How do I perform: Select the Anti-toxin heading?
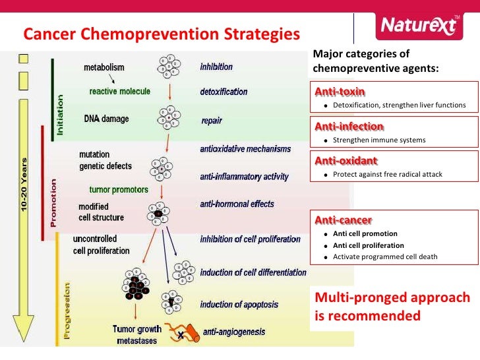pyautogui.click(x=340, y=90)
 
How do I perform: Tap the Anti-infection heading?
pyautogui.click(x=349, y=125)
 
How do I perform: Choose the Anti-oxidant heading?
pyautogui.click(x=346, y=160)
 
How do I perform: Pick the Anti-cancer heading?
pyautogui.click(x=343, y=220)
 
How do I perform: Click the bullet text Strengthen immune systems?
pyautogui.click(x=379, y=140)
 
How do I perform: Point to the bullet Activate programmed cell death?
pyautogui.click(x=385, y=256)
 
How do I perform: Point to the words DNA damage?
pyautogui.click(x=106, y=119)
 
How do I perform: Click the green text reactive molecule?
pyautogui.click(x=120, y=92)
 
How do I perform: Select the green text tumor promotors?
pyautogui.click(x=119, y=190)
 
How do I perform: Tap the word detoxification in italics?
pyautogui.click(x=224, y=92)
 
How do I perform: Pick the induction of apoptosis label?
pyautogui.click(x=239, y=304)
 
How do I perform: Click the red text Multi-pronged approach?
pyautogui.click(x=392, y=297)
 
